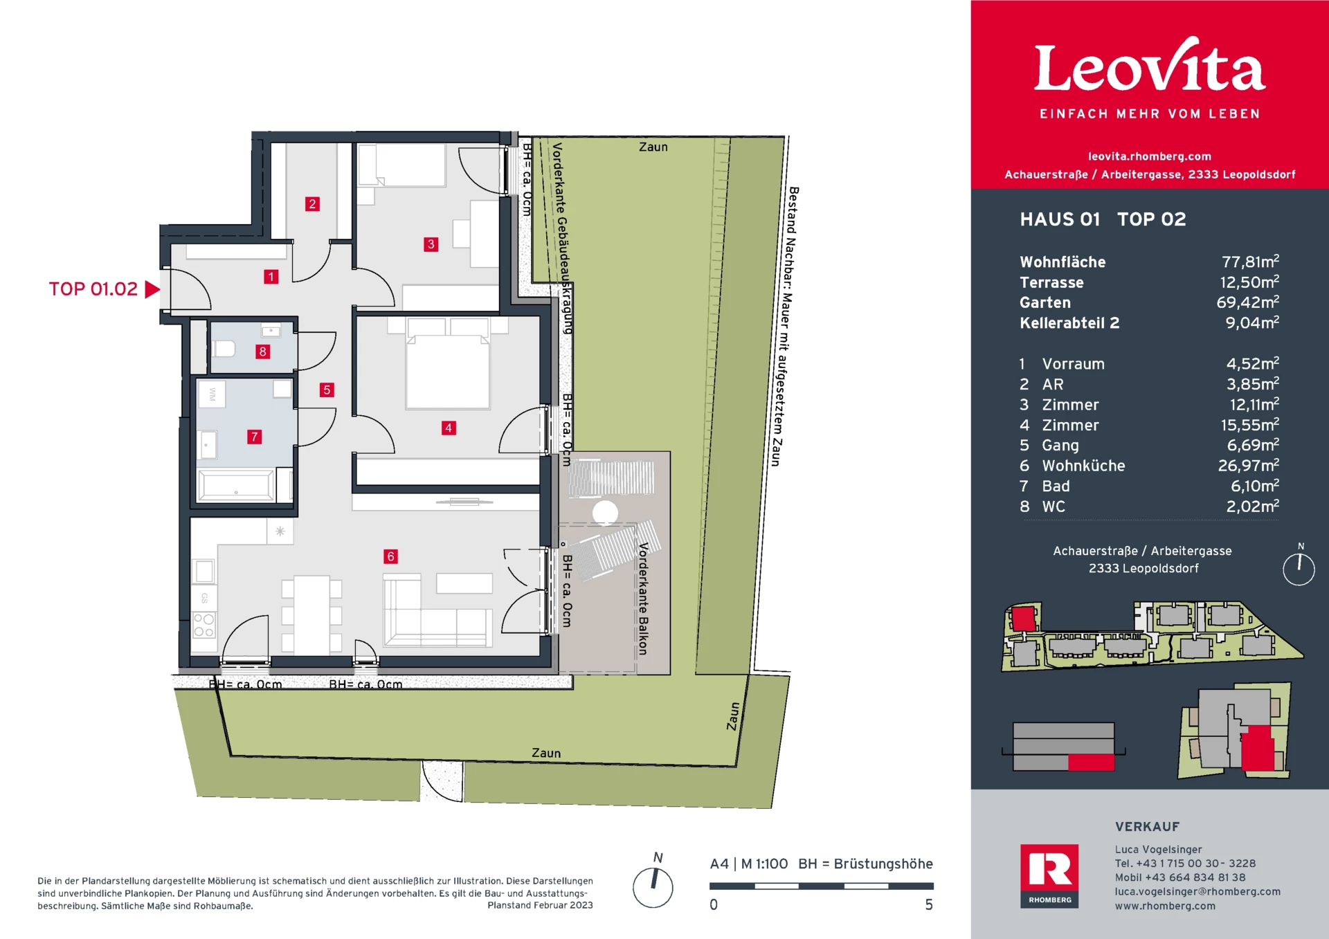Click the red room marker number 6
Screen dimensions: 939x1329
(x=390, y=556)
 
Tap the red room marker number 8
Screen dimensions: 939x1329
(x=262, y=352)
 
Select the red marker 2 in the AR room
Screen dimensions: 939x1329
(x=312, y=204)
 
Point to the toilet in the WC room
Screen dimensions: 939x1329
(x=223, y=348)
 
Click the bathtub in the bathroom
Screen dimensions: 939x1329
(x=236, y=484)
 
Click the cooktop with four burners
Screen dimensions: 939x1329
(x=204, y=625)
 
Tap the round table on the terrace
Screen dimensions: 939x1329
(x=605, y=513)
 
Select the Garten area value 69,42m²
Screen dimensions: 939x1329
(x=1247, y=302)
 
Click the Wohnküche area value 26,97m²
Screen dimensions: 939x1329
(x=1248, y=466)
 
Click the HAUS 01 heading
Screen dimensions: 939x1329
(x=1060, y=219)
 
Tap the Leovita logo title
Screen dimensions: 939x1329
(x=1149, y=68)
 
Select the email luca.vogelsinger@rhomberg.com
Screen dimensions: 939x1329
(x=1197, y=892)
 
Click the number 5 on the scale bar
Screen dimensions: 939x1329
(x=929, y=905)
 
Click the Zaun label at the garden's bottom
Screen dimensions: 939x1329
(x=546, y=753)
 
